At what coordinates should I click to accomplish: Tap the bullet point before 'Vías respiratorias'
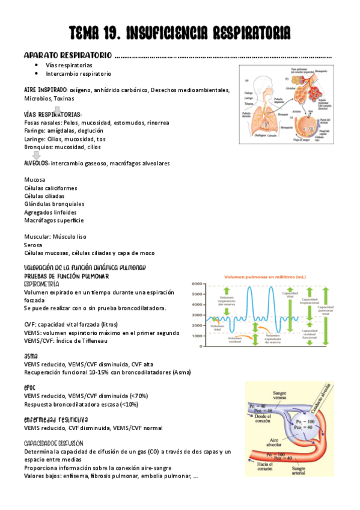[x=37, y=65]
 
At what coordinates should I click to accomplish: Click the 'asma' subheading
[x=31, y=356]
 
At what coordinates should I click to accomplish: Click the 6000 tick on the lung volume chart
[x=198, y=284]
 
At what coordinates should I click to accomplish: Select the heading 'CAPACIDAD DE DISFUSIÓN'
[x=53, y=443]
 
